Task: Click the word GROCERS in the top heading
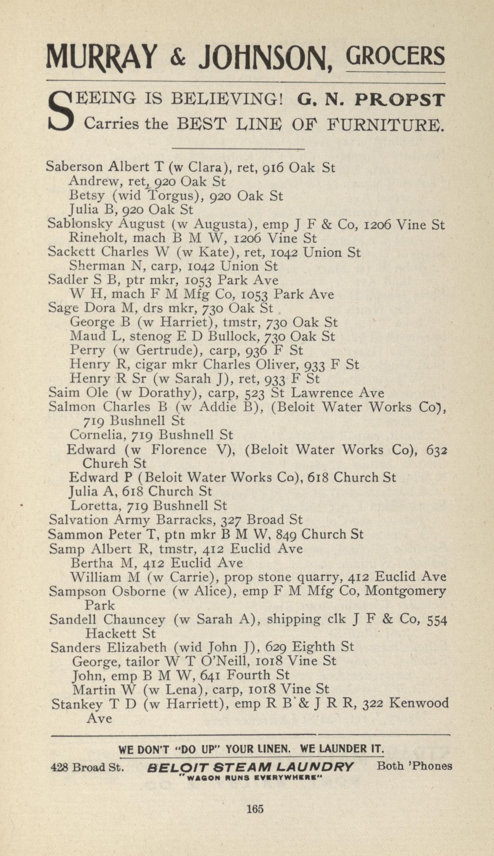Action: click(x=395, y=56)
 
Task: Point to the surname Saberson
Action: click(x=74, y=167)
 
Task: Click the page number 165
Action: click(x=255, y=809)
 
